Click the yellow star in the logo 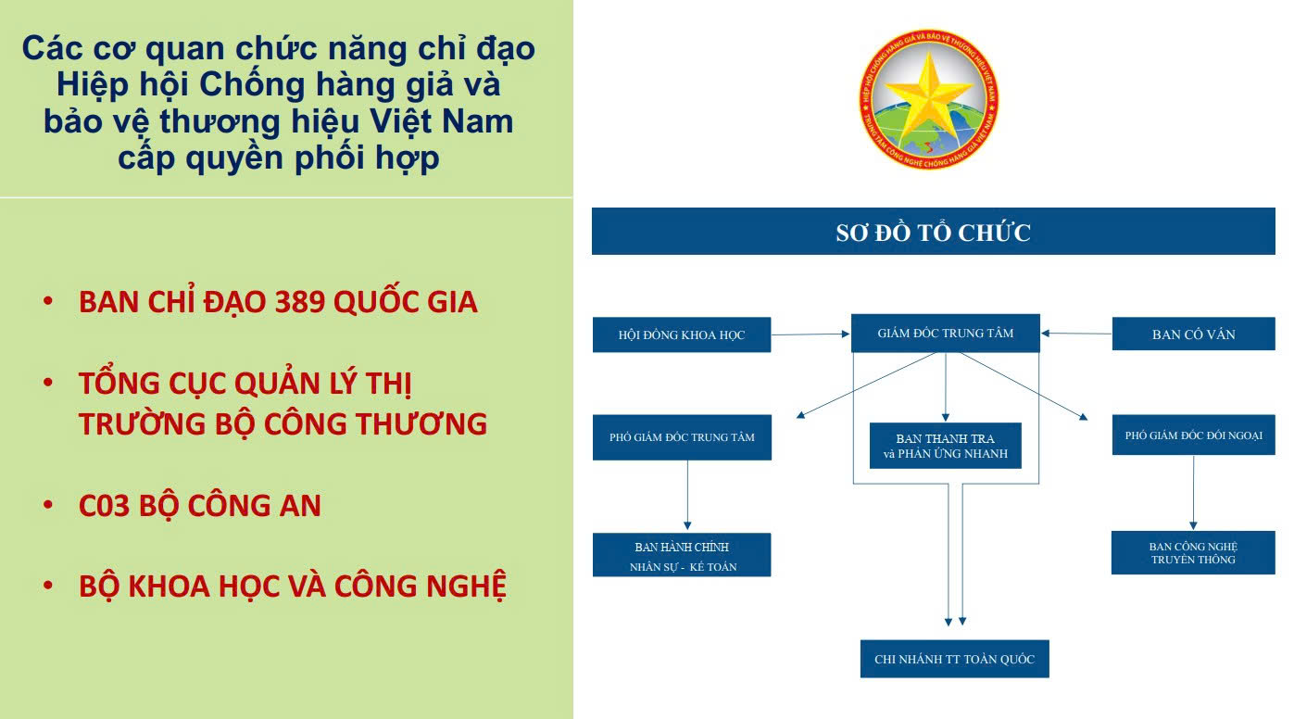click(928, 94)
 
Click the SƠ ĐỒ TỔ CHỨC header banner click(933, 232)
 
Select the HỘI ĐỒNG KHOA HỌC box click(682, 334)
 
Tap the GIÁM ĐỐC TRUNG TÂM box click(945, 333)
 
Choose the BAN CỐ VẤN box click(1193, 334)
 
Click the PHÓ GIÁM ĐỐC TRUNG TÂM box click(682, 437)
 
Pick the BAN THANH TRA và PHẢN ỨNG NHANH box click(945, 446)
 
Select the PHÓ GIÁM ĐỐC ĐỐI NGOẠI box click(1193, 435)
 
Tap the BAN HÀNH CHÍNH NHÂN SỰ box click(682, 555)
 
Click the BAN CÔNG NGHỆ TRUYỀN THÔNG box click(1193, 552)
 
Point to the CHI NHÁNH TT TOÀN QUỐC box click(954, 659)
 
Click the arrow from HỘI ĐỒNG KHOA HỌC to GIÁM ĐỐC click(810, 334)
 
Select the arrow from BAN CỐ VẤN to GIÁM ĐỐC click(1076, 334)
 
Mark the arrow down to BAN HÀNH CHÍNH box click(687, 495)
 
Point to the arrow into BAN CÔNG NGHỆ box click(1193, 492)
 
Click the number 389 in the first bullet click(300, 302)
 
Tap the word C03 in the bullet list click(104, 505)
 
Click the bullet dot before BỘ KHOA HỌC click(48, 585)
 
